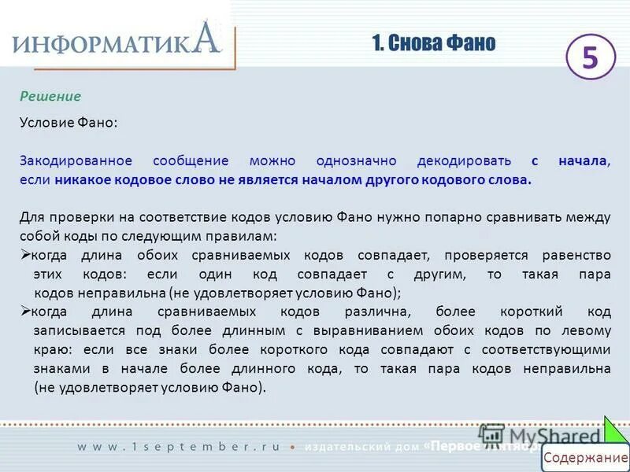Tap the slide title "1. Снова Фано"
pos(434,43)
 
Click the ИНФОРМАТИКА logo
pos(117,39)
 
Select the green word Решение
pos(50,96)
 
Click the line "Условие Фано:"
pos(69,123)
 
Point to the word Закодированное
pos(76,160)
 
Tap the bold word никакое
pos(82,179)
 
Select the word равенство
pos(576,255)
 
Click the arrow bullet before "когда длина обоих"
pos(24,255)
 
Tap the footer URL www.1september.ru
pos(178,446)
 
